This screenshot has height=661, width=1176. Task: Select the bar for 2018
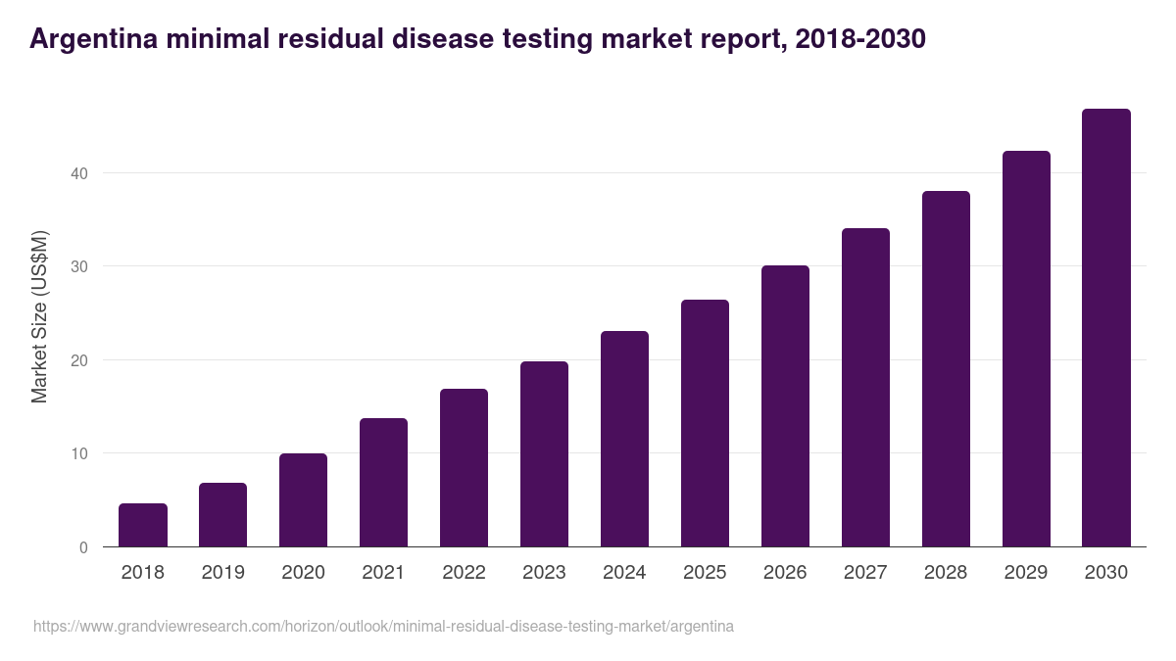pos(143,525)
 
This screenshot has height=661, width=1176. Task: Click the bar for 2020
pos(304,499)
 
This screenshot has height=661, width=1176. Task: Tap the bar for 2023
pos(544,454)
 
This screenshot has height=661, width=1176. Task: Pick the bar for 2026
pos(785,405)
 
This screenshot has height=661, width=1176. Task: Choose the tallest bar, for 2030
pos(1106,328)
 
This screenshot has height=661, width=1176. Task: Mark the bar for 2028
pos(946,369)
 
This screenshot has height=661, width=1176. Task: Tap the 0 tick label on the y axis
pos(83,547)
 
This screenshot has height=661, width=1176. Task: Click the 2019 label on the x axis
pos(223,573)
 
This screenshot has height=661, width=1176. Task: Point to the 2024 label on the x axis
pos(624,573)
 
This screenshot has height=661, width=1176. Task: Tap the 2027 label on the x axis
pos(865,573)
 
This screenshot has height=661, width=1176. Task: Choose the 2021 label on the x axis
pos(383,573)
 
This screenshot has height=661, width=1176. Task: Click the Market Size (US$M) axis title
pos(39,315)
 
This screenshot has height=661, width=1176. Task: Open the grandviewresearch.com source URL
pos(383,626)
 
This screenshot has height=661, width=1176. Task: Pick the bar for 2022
pos(464,468)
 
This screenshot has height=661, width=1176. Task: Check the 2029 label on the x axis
pos(1026,573)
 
